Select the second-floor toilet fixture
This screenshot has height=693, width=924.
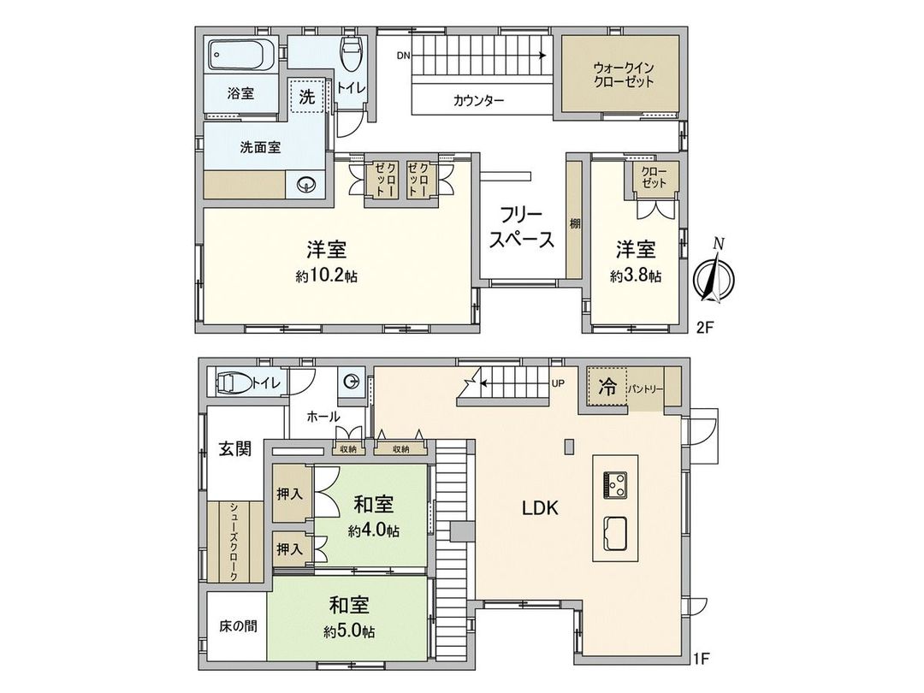(x=351, y=56)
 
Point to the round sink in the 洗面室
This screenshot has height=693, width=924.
(x=305, y=184)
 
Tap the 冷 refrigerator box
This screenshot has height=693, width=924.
(x=606, y=387)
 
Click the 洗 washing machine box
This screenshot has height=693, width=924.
(x=306, y=97)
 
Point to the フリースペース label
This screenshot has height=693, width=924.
(x=522, y=228)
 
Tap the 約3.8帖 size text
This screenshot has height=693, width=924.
(x=636, y=276)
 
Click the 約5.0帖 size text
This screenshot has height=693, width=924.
(x=349, y=632)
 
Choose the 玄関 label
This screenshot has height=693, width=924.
(x=234, y=449)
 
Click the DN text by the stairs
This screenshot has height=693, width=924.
(x=403, y=56)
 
